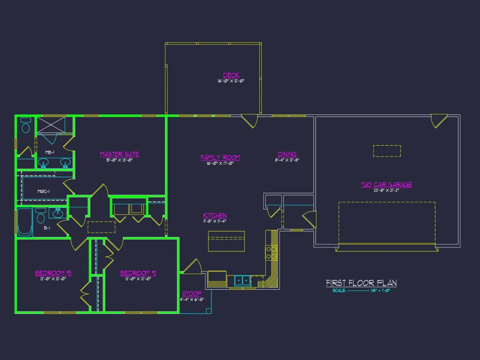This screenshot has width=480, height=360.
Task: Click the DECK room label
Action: coord(231,75)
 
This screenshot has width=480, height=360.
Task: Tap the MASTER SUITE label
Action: coord(120,154)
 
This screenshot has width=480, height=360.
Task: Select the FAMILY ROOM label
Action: coord(220,158)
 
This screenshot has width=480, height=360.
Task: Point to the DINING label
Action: coord(287,154)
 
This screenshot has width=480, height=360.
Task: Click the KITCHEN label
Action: coord(215,216)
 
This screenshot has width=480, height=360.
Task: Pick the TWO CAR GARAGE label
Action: coord(386,185)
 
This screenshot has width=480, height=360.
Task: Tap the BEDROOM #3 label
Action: coord(53,273)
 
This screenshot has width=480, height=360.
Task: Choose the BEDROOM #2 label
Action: coord(138,273)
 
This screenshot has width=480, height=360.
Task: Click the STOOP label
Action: coord(192,294)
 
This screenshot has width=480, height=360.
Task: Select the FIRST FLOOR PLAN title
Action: coord(361,283)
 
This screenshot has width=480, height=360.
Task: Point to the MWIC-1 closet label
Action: coord(43,191)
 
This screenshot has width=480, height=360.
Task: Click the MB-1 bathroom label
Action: coord(50,152)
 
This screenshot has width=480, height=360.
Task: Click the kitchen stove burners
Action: coord(271,252)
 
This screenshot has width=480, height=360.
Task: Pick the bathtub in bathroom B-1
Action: coord(25,223)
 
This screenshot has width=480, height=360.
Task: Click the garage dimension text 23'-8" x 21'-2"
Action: coord(386,191)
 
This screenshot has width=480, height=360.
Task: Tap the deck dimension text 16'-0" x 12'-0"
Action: coord(231,81)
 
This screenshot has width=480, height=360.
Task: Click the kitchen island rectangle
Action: coord(226,241)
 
